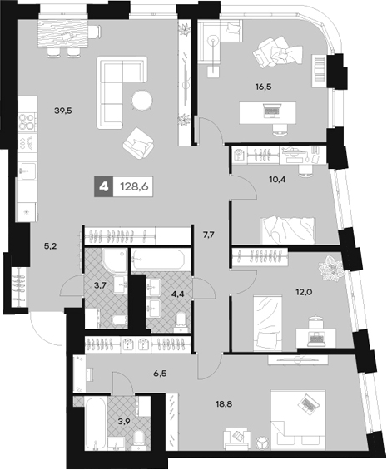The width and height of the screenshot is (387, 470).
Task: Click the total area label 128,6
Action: pyautogui.click(x=134, y=186)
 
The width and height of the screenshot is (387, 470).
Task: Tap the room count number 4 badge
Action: pyautogui.click(x=104, y=186)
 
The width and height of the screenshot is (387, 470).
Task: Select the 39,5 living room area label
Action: pyautogui.click(x=63, y=111)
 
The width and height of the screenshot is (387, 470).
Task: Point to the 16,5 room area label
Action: pyautogui.click(x=263, y=87)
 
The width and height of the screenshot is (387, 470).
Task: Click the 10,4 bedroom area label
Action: pyautogui.click(x=277, y=179)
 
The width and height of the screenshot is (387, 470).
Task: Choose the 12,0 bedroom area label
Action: pyautogui.click(x=305, y=291)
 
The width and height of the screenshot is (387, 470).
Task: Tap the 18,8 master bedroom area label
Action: pyautogui.click(x=224, y=404)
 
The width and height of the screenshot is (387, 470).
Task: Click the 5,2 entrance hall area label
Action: pyautogui.click(x=51, y=246)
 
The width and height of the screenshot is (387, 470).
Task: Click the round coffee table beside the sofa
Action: pyautogui.click(x=141, y=100)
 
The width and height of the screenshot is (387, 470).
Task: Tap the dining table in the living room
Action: pyautogui.click(x=63, y=33)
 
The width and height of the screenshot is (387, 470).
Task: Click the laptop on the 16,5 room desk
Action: pyautogui.click(x=272, y=111)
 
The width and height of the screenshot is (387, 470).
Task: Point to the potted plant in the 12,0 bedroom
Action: pyautogui.click(x=330, y=268)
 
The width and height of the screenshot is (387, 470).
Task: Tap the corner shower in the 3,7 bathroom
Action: pyautogui.click(x=115, y=260)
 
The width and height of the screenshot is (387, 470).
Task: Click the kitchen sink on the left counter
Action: pyautogui.click(x=27, y=171)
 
